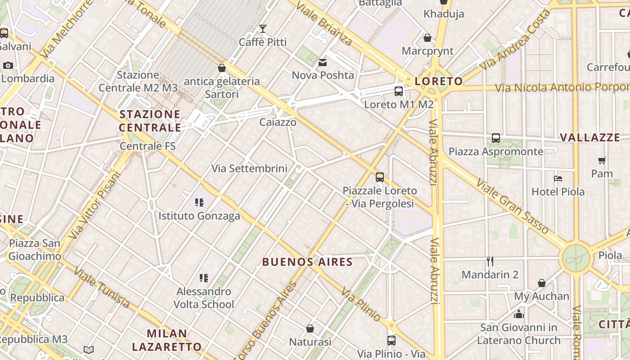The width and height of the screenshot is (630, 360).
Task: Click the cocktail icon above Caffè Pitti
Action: (x=263, y=29)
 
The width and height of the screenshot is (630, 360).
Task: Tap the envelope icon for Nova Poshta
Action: (x=323, y=62)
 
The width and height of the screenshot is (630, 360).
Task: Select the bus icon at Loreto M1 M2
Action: (x=399, y=91)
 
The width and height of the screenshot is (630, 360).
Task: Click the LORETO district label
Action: (x=438, y=81)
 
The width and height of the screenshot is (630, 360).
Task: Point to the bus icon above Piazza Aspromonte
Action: (x=495, y=138)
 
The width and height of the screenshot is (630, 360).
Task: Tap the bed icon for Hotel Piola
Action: (x=558, y=178)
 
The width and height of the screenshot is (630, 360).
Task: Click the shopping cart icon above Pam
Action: (x=602, y=160)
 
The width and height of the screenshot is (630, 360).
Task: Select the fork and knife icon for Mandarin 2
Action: (x=490, y=261)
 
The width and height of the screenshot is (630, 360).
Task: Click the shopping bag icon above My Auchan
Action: (x=542, y=283)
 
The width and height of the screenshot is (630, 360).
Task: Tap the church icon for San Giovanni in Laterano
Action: (x=518, y=314)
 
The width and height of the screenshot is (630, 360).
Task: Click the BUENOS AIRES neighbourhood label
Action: (x=307, y=262)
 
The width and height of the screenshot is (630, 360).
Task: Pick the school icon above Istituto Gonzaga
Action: (x=199, y=202)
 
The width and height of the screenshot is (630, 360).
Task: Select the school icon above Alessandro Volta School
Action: (x=204, y=278)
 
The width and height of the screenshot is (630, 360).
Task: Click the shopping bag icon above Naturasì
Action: (x=310, y=328)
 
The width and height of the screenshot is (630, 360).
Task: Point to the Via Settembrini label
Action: (x=249, y=169)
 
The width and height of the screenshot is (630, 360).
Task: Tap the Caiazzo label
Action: (x=278, y=122)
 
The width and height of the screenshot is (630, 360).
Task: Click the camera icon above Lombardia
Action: (x=8, y=65)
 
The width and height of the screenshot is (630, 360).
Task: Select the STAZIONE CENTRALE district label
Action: (x=150, y=121)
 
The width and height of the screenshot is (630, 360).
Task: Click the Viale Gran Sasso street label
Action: (x=513, y=207)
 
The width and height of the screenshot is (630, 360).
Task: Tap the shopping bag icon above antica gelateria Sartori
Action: (x=221, y=68)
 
